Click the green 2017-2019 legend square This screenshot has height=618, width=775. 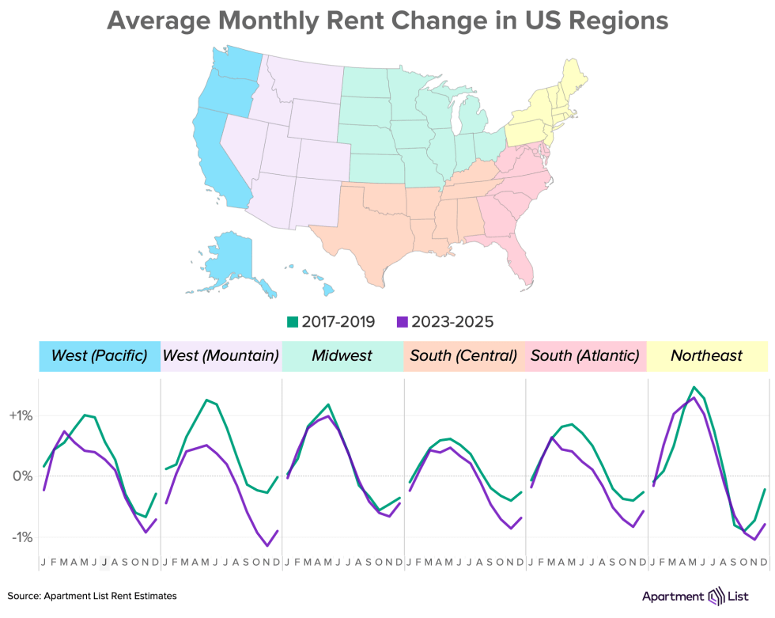pos(293,322)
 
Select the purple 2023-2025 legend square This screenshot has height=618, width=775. pos(403,322)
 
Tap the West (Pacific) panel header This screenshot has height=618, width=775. pos(100,356)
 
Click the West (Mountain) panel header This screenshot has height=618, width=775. pos(221,356)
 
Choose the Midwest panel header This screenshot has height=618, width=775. pos(342,356)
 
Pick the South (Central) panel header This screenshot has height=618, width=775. pos(463,356)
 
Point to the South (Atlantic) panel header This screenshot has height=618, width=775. pos(585,356)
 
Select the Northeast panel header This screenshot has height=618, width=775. pos(707,356)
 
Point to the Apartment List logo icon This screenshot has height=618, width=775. pos(716,595)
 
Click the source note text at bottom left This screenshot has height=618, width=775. pos(93,596)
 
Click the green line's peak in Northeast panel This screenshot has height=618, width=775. pos(694,387)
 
